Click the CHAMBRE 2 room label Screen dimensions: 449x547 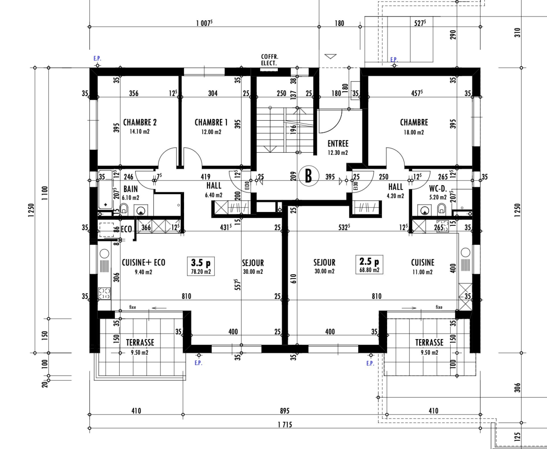140,122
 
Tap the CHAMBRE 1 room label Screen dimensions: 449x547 211,122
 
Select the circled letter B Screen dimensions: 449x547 308,176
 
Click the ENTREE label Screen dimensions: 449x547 338,143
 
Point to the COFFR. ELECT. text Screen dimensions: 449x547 270,60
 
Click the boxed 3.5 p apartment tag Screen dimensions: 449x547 201,266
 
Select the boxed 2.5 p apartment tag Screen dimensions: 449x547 369,265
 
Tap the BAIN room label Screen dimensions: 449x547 130,189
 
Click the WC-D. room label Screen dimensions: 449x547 438,189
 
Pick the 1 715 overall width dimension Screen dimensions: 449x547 285,425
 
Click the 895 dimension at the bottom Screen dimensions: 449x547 284,411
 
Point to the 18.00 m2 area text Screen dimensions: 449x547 414,132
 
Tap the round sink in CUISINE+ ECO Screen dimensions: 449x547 104,253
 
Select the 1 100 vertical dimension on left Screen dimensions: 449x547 45,193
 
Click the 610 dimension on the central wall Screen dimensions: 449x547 294,278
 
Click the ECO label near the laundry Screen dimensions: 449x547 126,229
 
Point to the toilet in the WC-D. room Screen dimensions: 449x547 442,209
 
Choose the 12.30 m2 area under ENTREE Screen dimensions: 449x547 338,153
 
